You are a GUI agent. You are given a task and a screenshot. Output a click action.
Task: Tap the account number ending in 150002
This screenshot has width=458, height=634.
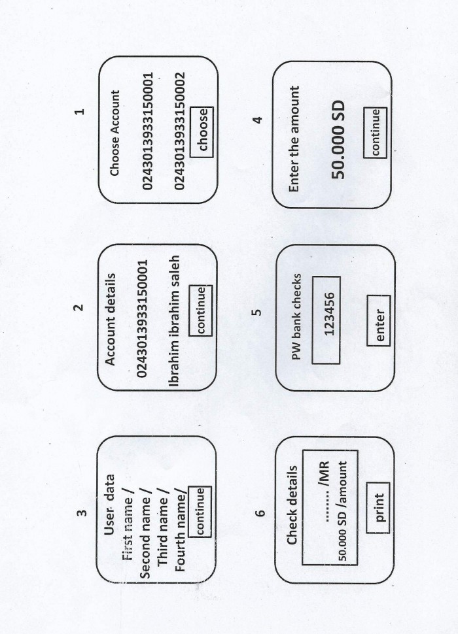point(179,131)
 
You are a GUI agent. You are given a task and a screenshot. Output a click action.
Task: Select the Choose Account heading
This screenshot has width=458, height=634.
point(115,133)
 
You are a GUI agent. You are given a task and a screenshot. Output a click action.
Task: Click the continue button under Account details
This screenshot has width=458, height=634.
point(201,310)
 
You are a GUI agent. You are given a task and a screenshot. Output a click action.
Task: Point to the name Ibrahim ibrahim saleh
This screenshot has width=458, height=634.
point(175,321)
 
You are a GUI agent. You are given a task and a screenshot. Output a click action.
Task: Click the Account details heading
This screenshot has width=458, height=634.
point(111,320)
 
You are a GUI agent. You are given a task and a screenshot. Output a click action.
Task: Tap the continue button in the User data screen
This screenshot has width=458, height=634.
point(200,512)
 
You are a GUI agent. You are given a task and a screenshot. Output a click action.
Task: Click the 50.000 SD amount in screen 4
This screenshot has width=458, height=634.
point(338,139)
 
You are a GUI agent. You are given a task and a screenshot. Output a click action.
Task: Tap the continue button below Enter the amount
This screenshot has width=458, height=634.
point(375,133)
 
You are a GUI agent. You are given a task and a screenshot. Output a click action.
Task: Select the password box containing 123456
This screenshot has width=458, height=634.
point(326,320)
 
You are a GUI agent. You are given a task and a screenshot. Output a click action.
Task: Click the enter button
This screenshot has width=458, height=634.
point(379,321)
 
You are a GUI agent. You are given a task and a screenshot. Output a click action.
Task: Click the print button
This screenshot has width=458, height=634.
point(378,508)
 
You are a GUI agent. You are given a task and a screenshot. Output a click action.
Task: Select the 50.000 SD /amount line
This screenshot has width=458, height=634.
point(343,511)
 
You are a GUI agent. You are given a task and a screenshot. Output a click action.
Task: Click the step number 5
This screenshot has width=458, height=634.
point(257,312)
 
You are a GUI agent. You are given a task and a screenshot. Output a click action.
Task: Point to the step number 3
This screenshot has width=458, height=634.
point(82,512)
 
